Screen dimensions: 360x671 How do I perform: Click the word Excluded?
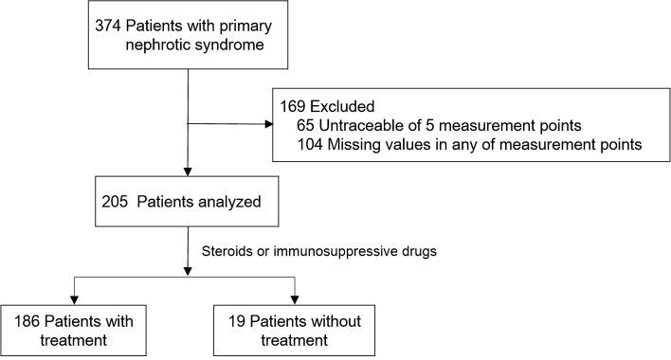coord(341,103)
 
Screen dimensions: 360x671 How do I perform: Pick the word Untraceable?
coord(361,124)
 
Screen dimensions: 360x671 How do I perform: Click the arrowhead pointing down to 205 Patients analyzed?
coord(189,173)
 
